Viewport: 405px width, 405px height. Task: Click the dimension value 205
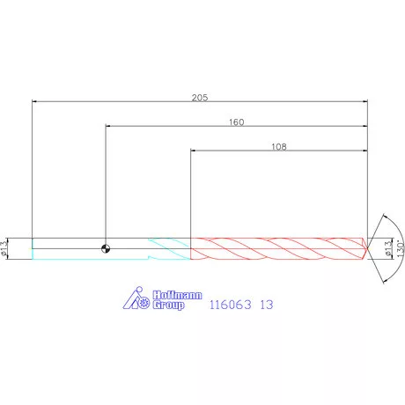tap(199, 98)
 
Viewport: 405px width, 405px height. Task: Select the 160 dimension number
tap(235, 122)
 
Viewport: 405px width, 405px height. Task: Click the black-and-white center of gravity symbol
tap(106, 248)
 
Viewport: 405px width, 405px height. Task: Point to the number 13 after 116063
tap(267, 305)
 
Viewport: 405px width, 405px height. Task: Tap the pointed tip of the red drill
tap(371, 248)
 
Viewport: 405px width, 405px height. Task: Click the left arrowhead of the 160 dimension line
tap(107, 126)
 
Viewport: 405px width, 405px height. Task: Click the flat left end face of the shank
tap(32, 248)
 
